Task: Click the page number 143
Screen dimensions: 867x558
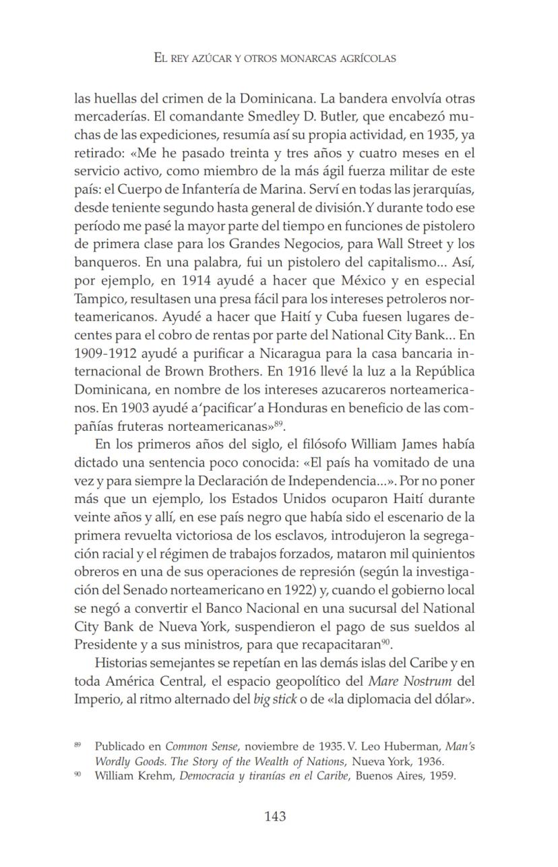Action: tap(275, 816)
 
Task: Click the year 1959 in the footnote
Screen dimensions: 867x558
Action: tap(444, 775)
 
